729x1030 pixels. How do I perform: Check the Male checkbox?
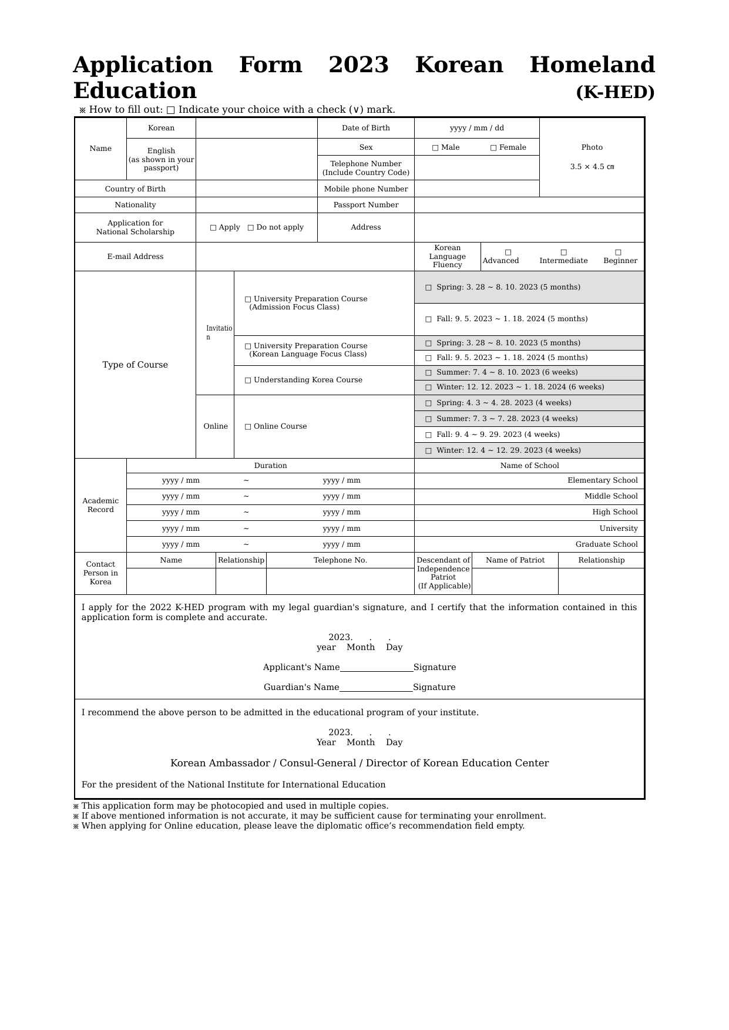435,148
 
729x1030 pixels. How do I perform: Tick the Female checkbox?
493,148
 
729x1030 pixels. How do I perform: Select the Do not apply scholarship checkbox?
251,228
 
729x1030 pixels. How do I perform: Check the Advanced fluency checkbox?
508,253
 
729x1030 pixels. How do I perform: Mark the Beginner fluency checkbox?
618,253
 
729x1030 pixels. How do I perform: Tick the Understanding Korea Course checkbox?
248,381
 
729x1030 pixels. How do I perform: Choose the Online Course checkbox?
248,427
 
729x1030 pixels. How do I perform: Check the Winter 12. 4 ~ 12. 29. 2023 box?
428,451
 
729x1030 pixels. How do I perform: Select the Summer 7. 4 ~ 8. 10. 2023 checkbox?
428,373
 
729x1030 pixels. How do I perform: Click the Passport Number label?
365,205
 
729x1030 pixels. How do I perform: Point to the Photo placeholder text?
592,147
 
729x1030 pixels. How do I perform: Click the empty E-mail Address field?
304,257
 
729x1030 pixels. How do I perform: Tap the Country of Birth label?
135,189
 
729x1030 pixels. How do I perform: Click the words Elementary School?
602,480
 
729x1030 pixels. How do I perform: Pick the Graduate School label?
606,544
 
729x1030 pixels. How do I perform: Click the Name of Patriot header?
515,560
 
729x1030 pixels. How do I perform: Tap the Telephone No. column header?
340,560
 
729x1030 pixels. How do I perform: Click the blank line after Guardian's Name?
376,687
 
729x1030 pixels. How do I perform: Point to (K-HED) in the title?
615,92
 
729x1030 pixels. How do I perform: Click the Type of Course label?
135,365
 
